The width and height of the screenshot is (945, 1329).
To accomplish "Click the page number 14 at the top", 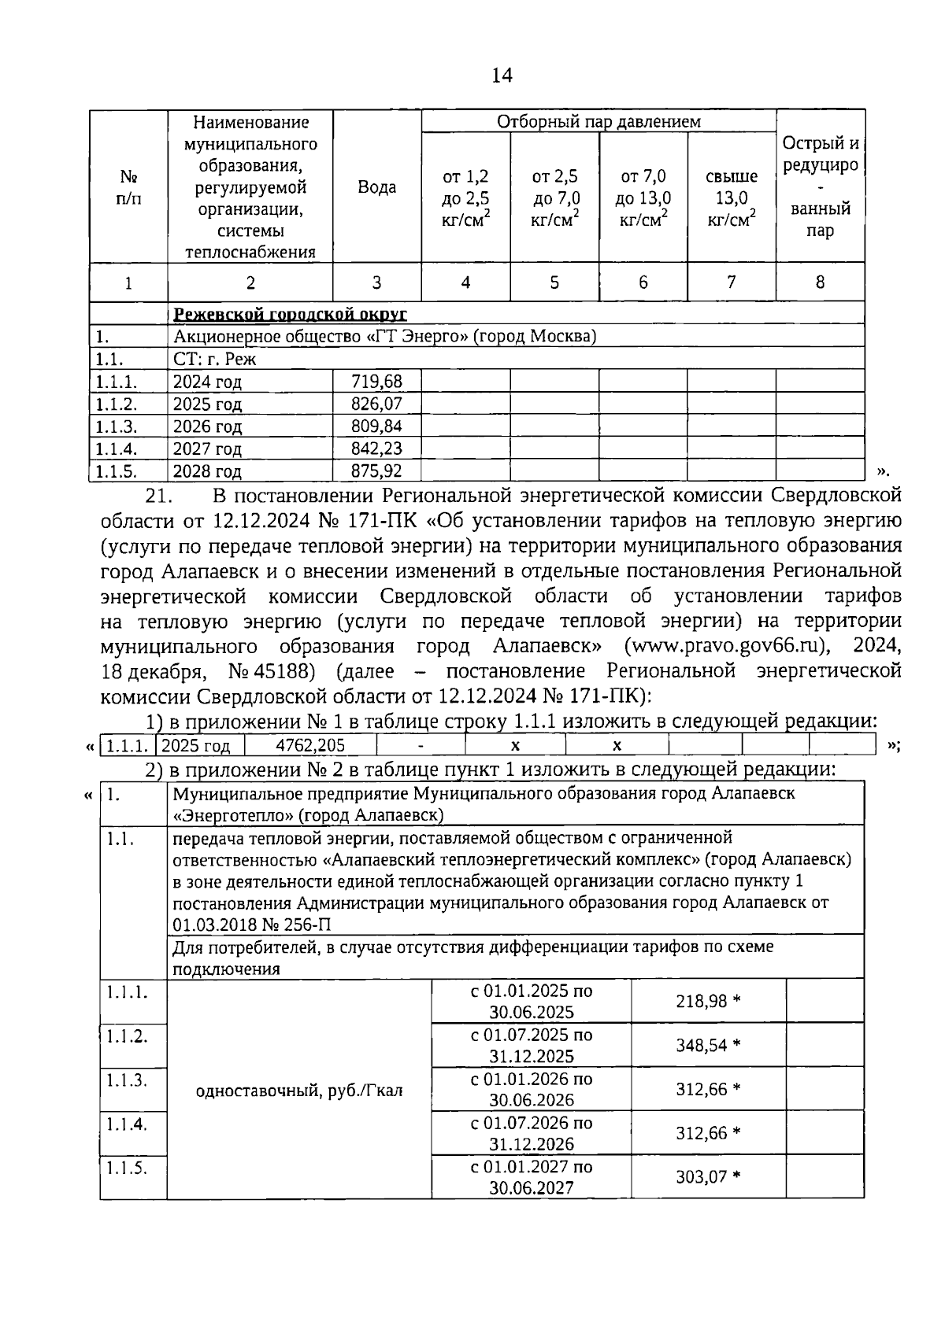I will coord(501,76).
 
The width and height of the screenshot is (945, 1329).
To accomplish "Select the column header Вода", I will coord(376,188).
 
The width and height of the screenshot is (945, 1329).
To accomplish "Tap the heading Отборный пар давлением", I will coord(598,121).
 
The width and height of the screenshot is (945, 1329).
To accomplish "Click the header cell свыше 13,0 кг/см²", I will coord(731,198).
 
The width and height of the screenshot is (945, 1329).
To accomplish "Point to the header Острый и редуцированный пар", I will coord(820,187).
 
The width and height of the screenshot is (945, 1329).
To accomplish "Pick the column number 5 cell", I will coord(554,282).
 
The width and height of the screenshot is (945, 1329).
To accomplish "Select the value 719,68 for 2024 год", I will coord(376,382).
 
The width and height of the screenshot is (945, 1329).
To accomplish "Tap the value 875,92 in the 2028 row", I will coord(376,471).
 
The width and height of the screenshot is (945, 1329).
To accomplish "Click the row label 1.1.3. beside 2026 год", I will coord(116,426).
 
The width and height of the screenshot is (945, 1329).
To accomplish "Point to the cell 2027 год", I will coord(207,449).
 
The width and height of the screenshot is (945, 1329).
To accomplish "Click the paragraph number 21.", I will coord(160,497).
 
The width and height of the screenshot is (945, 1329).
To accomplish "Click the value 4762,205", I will coord(310,745).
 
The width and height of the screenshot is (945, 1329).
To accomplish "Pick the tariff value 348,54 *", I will coord(708,1046).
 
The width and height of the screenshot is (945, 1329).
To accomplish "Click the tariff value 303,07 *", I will coord(708,1178).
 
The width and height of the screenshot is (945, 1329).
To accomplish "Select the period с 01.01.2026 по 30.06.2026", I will coord(531,1090).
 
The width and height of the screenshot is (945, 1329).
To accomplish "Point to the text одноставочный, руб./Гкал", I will coord(299,1091).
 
